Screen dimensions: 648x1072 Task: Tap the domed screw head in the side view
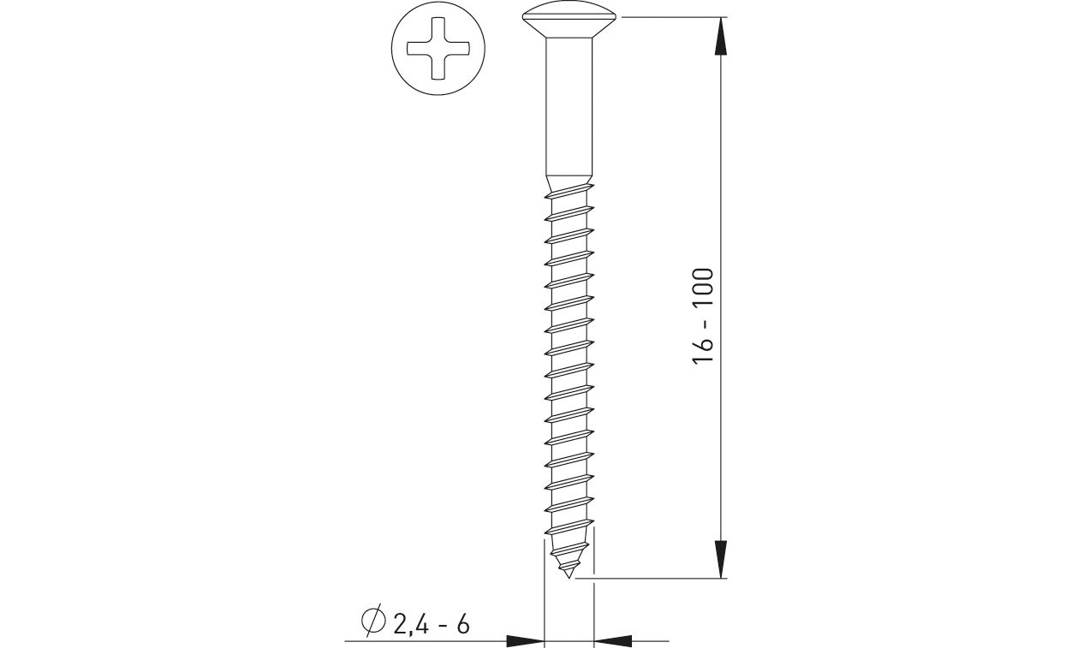[569, 17]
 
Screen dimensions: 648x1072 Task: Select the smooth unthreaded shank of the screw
[569, 111]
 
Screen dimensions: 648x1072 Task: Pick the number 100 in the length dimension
[704, 290]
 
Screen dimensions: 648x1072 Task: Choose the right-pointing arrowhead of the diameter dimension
[526, 639]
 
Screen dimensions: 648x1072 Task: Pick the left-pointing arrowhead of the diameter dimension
[613, 639]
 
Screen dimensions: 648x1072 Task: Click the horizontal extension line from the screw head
[668, 16]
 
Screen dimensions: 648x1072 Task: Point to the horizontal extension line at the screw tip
[651, 580]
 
